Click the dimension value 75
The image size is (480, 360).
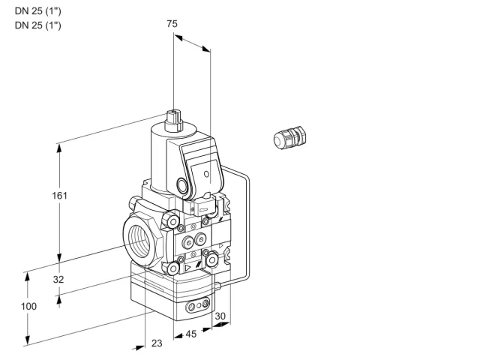coord(172,23)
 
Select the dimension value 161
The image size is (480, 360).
coord(59,195)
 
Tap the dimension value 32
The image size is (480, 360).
coord(58,279)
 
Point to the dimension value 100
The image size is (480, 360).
coord(28,306)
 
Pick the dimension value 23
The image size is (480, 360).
coord(157,343)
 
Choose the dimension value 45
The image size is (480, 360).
coord(191,334)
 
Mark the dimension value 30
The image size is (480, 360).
coord(220,316)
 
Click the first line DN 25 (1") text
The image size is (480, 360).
coord(38,11)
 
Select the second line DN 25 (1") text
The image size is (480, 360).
coord(38,25)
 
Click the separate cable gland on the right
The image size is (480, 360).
coord(289,137)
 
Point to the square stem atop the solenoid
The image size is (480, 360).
coord(173,120)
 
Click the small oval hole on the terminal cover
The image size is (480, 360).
coord(207,174)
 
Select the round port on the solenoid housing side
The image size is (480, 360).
coord(182,185)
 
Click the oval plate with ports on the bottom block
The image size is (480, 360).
coord(198,305)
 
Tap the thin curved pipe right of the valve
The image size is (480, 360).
coord(248,226)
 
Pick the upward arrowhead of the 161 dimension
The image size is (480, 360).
coord(59,148)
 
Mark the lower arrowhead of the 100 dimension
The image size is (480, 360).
coord(28,340)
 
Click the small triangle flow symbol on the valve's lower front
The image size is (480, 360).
coord(187,268)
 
